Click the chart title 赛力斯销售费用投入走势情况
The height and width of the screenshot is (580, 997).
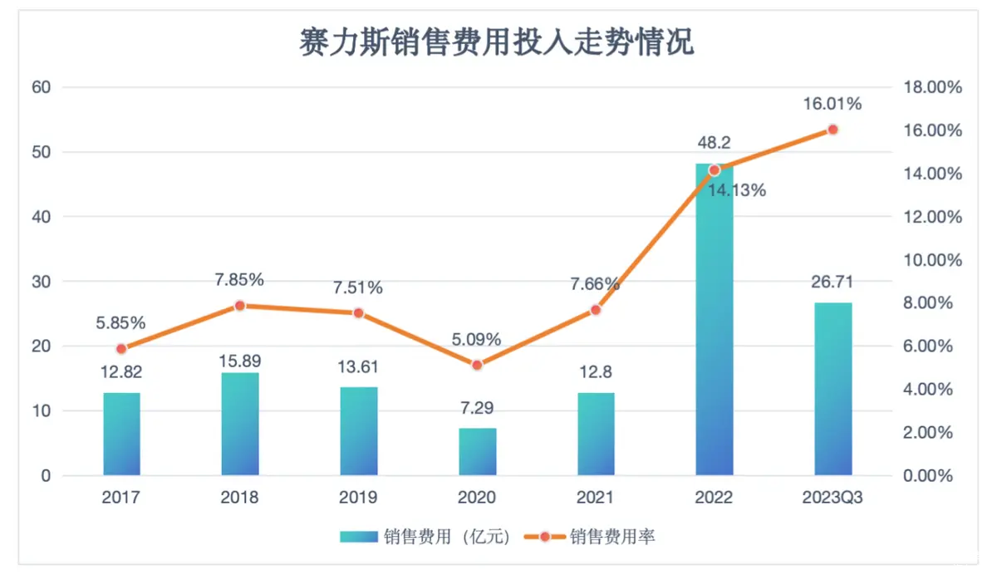[x=496, y=42]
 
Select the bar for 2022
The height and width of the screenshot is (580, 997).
[x=715, y=332]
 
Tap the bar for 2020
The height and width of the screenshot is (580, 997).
[x=477, y=452]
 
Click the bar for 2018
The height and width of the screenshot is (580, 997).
[x=240, y=424]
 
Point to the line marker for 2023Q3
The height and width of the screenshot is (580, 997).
[x=832, y=130]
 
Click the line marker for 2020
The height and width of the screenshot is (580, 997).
[x=477, y=365]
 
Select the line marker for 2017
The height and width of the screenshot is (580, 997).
[x=121, y=349]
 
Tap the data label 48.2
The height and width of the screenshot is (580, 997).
[x=715, y=143]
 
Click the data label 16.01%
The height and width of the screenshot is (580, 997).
[x=832, y=104]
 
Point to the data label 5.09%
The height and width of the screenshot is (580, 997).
[x=477, y=339]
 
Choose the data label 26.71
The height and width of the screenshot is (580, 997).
[x=832, y=282]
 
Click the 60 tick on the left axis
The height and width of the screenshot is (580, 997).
[x=42, y=87]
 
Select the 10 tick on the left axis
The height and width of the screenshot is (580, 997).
[x=42, y=411]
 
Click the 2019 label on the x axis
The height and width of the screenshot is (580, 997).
[x=358, y=498]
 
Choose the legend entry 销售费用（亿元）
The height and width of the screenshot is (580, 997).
[x=424, y=537]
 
